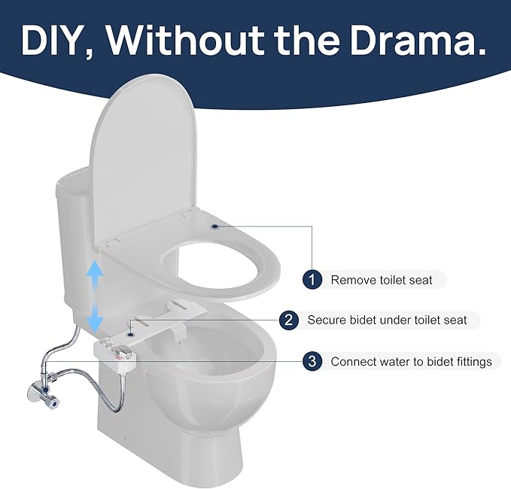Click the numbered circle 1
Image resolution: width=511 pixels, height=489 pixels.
312,280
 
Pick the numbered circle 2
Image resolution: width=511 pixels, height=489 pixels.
288,320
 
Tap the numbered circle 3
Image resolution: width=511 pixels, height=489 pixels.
312,361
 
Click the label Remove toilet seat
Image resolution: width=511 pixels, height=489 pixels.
382,280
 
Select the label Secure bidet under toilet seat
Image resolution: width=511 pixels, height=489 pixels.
387,320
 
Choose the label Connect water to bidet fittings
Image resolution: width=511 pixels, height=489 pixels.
411,361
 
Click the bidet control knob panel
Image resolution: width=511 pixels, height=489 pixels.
113,351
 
